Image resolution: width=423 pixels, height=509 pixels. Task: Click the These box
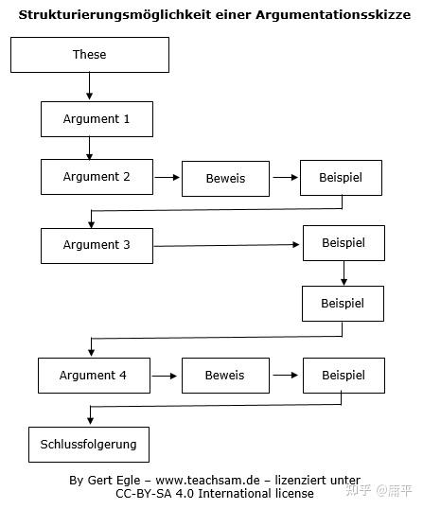click(89, 55)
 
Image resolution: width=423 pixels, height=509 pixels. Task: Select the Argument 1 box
click(96, 119)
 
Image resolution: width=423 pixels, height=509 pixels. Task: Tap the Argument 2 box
click(96, 177)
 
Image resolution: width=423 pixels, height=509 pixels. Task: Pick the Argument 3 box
click(96, 245)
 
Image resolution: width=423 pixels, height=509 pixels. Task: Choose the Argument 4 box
click(93, 376)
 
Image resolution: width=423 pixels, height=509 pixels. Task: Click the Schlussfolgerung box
click(88, 444)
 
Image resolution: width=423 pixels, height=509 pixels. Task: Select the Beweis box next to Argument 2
click(224, 178)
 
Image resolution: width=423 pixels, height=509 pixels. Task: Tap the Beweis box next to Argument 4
click(224, 376)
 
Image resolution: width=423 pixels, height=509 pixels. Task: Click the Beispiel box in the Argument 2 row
click(343, 178)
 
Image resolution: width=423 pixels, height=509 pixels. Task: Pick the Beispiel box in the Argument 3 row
click(344, 244)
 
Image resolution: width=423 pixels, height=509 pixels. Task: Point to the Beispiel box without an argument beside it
click(344, 304)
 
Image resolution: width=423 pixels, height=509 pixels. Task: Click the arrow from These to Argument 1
click(89, 87)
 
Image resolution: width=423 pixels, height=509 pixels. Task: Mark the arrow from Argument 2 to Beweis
click(167, 178)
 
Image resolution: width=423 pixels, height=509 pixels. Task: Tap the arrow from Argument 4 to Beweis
click(165, 376)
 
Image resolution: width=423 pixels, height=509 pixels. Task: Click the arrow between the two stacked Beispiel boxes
click(344, 273)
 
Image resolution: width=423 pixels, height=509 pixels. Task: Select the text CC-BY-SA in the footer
click(148, 493)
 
